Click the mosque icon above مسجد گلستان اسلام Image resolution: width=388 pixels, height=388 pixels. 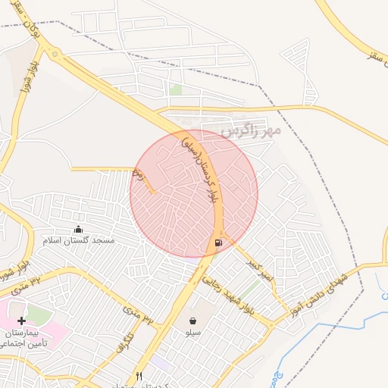tap(78, 229)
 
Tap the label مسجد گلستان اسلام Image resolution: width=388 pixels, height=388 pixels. tap(79, 240)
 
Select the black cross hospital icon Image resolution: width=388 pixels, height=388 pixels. tap(21, 321)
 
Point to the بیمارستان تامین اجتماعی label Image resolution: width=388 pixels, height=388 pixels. tap(34, 339)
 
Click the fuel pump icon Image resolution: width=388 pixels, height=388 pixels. tap(218, 242)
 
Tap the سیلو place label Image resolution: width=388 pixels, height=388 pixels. tap(193, 333)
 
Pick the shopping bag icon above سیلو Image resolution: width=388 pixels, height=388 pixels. tap(193, 321)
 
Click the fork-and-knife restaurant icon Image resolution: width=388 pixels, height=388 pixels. tap(139, 376)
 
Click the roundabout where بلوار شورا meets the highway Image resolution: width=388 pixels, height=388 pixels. tap(54, 53)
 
